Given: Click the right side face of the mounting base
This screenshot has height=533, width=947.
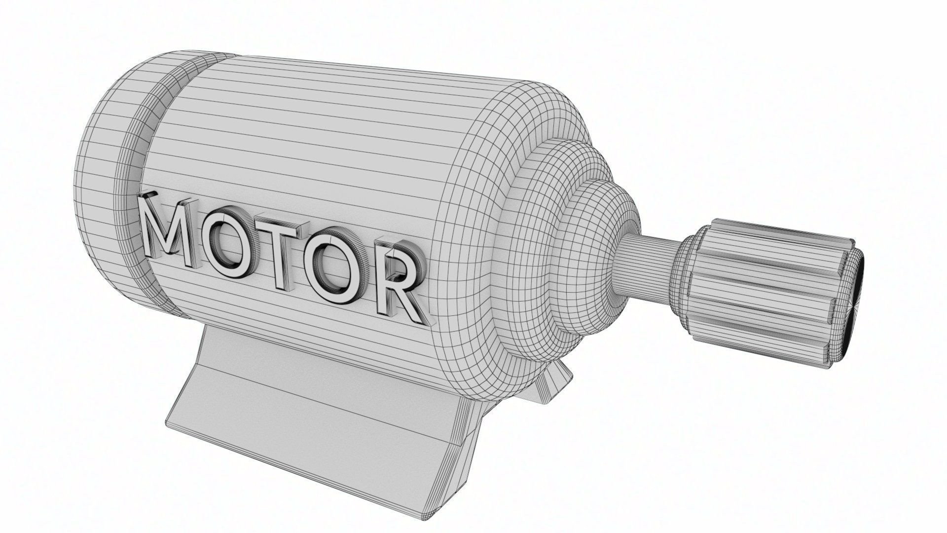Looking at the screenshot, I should [469, 424].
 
